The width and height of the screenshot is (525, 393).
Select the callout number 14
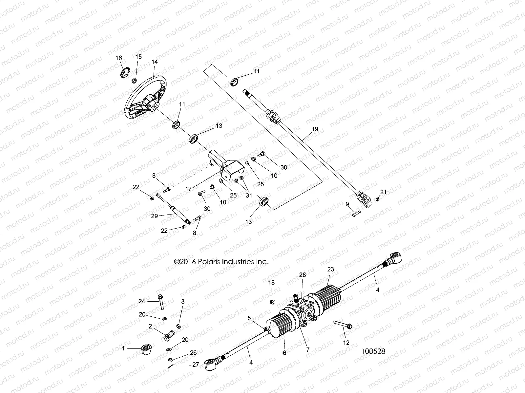tap(155, 62)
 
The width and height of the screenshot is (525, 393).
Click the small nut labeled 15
tap(134, 80)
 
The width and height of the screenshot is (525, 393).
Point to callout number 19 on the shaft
tap(315, 129)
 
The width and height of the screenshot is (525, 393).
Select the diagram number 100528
tap(373, 351)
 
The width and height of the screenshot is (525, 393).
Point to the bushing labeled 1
tap(145, 349)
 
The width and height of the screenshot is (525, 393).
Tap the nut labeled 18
tap(272, 301)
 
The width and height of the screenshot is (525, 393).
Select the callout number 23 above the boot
tap(330, 270)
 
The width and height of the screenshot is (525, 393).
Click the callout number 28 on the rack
tap(302, 275)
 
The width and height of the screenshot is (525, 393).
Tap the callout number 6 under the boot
tap(284, 353)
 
